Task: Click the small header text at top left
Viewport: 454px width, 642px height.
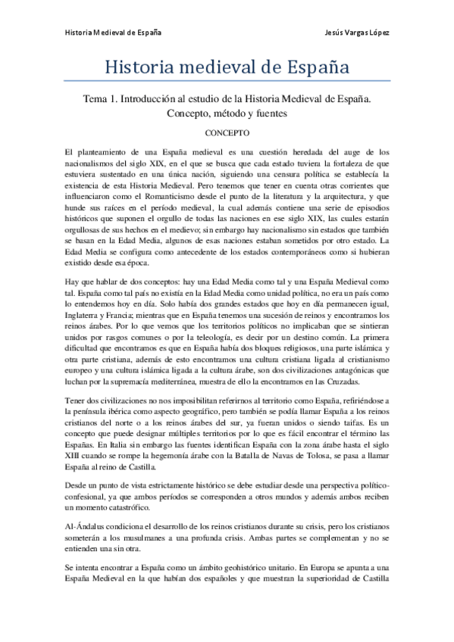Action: coord(112,33)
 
